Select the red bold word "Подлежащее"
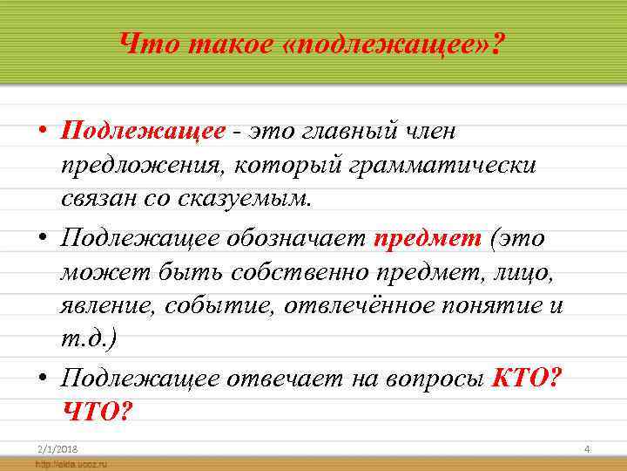click(143, 131)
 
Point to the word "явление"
click(103, 305)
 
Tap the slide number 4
click(587, 448)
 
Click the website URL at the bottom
click(71, 464)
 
